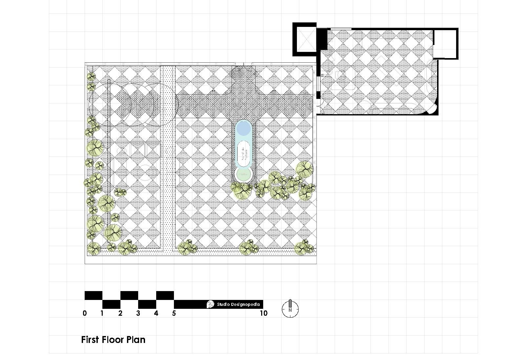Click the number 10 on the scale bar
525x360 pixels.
(263, 313)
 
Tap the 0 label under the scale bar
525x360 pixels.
(85, 313)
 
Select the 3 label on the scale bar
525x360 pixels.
(138, 313)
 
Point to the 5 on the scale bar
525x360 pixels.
(174, 313)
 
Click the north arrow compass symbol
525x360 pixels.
(290, 308)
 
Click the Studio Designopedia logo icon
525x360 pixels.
(210, 304)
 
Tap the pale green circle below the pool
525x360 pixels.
(243, 174)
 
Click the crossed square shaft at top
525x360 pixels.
(304, 39)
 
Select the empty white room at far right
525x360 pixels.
(445, 43)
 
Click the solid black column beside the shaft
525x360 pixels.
(322, 39)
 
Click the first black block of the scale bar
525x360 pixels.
(94, 295)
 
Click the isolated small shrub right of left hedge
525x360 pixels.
(120, 192)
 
